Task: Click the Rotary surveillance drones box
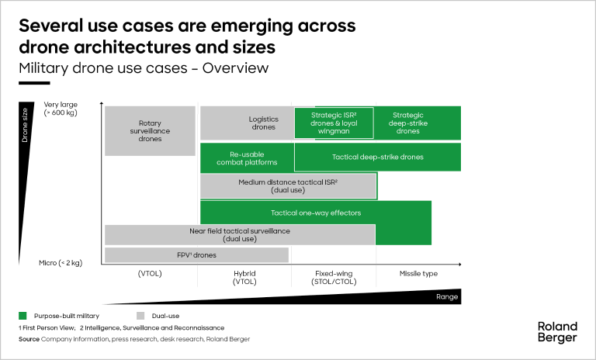[150, 130]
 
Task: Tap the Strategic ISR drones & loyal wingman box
[334, 123]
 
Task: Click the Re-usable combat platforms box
[247, 157]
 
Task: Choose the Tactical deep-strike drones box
[377, 157]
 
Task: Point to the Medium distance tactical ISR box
[288, 185]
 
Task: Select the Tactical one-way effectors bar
[315, 213]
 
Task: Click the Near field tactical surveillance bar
[239, 234]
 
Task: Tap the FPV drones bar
[196, 255]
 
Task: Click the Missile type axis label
[418, 274]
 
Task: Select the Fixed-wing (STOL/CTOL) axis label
[334, 278]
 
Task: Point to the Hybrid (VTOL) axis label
[244, 278]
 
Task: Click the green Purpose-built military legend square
[23, 316]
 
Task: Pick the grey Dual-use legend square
[140, 316]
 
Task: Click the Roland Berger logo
[557, 331]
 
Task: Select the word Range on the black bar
[445, 296]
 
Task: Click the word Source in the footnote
[29, 340]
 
